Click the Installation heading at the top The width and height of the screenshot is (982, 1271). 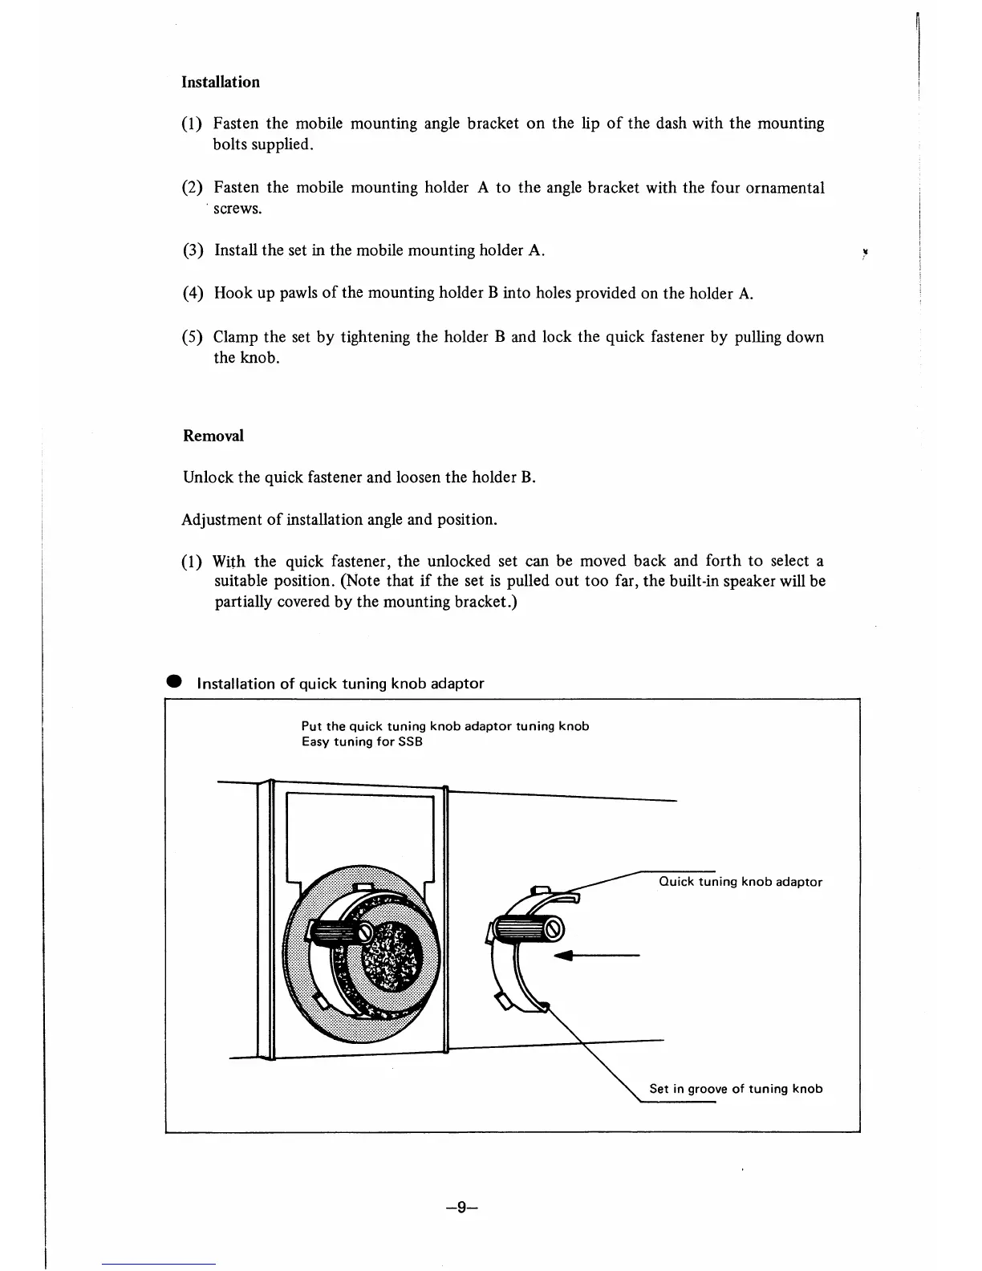pos(221,82)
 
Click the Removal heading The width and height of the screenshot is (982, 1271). pos(213,436)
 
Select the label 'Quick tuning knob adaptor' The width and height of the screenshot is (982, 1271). pos(740,882)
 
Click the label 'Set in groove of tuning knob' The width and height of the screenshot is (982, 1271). pos(736,1089)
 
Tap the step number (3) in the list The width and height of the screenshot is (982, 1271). pos(193,250)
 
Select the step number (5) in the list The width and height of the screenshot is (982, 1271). pos(193,337)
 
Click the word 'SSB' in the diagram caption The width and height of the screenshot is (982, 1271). pos(411,741)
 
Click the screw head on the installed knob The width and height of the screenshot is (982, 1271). pos(366,933)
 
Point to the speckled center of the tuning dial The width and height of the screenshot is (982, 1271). pos(393,959)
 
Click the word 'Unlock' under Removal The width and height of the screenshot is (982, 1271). pos(208,477)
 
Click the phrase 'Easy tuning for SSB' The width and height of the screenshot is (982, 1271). pos(362,741)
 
